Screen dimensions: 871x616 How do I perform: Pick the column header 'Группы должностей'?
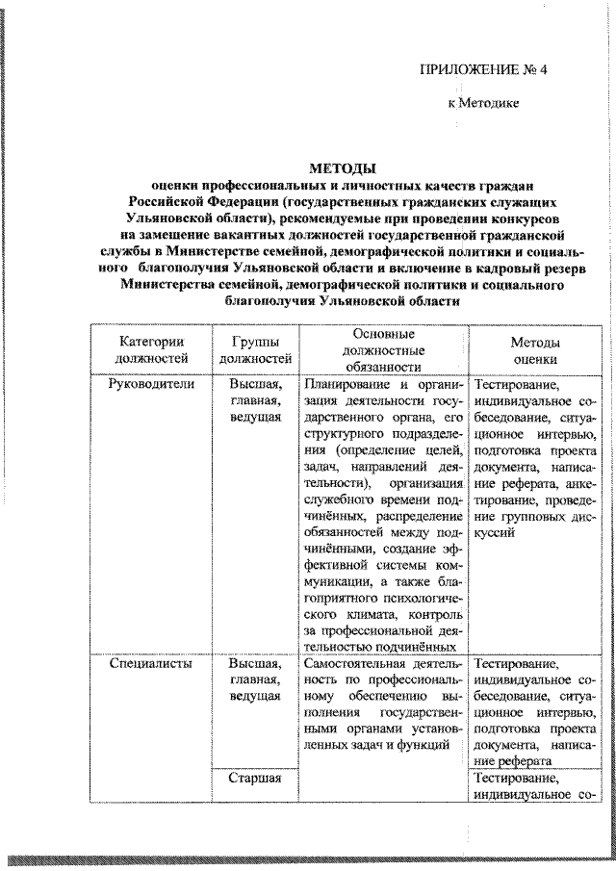[x=255, y=349]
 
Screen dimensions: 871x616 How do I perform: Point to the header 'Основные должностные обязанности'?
[x=383, y=349]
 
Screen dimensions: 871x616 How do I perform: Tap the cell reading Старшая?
[x=255, y=779]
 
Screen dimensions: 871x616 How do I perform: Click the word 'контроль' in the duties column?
[x=437, y=613]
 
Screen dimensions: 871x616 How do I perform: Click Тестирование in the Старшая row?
[x=515, y=779]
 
